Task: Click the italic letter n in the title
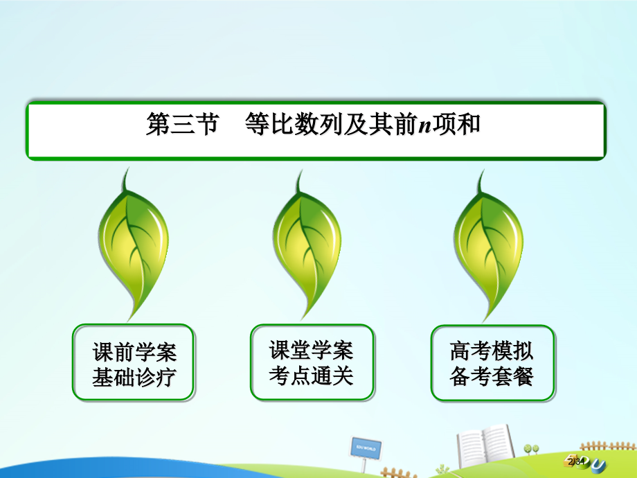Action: [x=425, y=125]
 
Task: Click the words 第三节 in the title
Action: [x=182, y=124]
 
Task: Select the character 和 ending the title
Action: [x=469, y=124]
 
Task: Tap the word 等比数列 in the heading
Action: [x=294, y=124]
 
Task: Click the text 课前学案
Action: [x=134, y=352]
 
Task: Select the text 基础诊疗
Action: [x=134, y=377]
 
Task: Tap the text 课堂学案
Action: [x=311, y=350]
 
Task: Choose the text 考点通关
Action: [x=311, y=375]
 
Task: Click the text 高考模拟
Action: [x=492, y=351]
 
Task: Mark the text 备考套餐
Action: [x=492, y=376]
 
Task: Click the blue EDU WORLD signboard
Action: [x=366, y=449]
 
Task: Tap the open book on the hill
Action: [x=485, y=446]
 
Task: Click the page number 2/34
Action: [x=577, y=462]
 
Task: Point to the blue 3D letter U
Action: [x=599, y=465]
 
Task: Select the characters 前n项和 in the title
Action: [x=437, y=124]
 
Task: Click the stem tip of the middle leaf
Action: [x=301, y=170]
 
